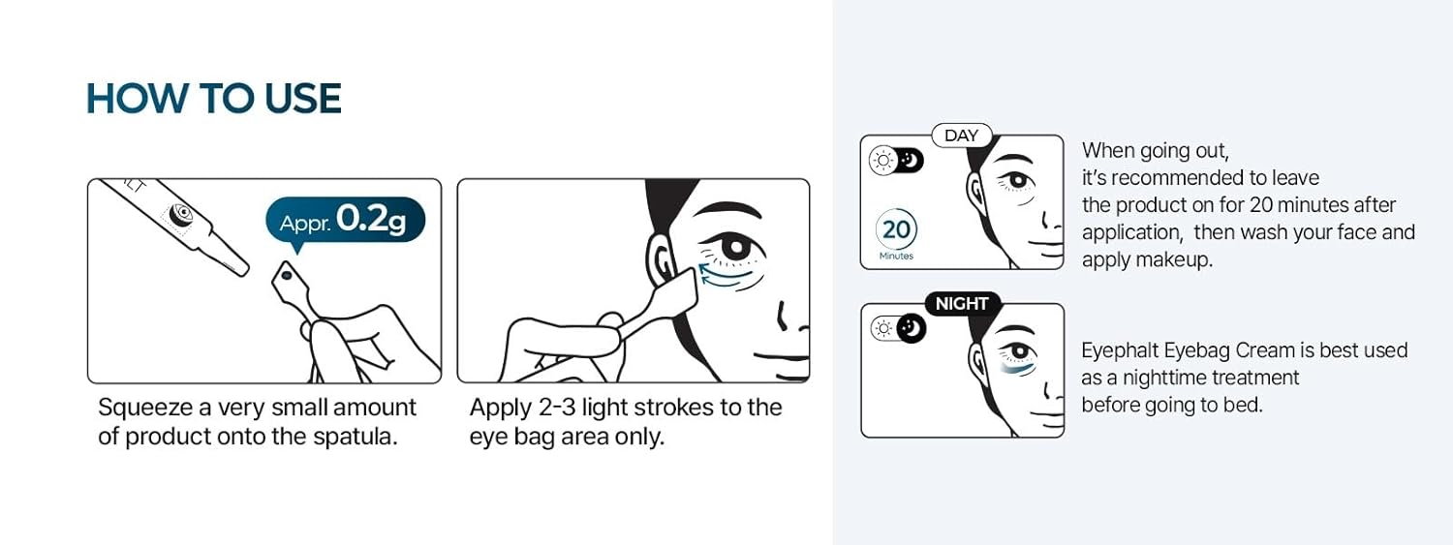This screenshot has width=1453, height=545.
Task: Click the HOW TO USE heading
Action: coord(213,99)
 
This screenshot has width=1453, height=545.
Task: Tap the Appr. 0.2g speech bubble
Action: coord(345,221)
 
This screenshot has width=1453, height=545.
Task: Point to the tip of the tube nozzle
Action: coord(244,270)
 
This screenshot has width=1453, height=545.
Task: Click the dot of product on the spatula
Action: coord(286,276)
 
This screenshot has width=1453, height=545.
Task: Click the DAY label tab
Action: coord(961,136)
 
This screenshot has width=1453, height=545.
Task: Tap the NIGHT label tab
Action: coord(962,303)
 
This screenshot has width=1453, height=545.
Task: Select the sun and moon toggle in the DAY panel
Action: coord(896,160)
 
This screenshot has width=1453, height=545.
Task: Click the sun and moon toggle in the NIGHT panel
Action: coord(898,328)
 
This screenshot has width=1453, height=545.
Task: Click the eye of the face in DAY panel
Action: coord(1018,179)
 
